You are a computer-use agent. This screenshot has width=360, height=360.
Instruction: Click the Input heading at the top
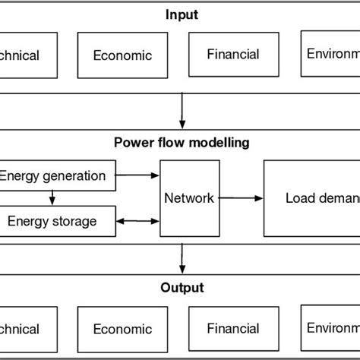181,14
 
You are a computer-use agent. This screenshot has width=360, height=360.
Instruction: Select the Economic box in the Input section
122,55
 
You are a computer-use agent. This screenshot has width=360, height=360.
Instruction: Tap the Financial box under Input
233,54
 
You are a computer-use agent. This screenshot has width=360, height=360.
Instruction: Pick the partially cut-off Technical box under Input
28,55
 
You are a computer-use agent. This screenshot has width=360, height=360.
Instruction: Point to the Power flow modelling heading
181,142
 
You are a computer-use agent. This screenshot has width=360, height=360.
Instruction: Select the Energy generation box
58,177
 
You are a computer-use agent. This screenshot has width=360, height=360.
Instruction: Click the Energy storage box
58,221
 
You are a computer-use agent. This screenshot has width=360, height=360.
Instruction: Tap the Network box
189,198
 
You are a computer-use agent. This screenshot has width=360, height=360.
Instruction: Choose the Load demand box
311,198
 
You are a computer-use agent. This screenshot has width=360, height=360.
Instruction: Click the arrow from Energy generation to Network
137,176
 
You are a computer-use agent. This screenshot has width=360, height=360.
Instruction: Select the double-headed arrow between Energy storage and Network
138,222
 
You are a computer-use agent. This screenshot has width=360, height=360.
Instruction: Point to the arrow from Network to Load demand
239,198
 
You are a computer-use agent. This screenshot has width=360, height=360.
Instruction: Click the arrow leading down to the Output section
182,258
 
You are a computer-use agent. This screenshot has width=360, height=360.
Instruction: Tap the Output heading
181,288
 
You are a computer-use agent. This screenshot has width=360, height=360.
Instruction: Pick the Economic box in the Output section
122,329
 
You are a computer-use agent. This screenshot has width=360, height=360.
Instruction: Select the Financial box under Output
233,328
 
